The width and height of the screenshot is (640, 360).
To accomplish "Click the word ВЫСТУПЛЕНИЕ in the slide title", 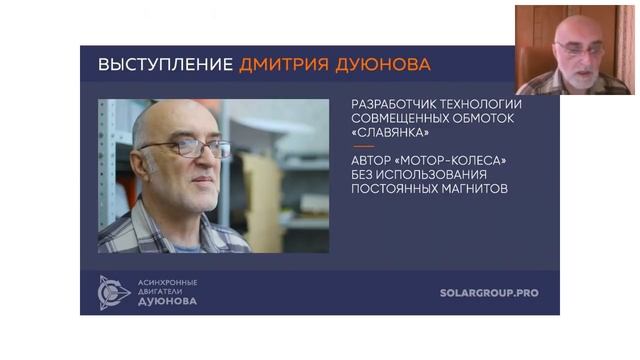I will tap(165, 65).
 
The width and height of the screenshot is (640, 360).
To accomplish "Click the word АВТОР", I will tap(375, 160).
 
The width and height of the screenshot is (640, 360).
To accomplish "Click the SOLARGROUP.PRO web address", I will tap(496, 293).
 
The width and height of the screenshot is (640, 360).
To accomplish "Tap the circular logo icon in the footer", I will tap(113, 292).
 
